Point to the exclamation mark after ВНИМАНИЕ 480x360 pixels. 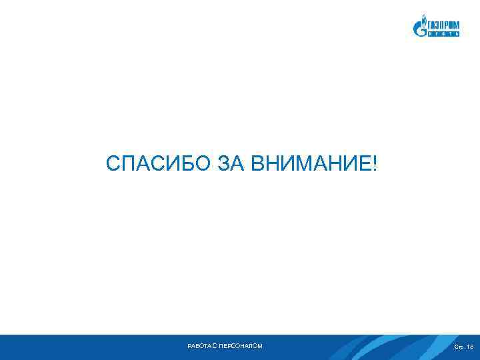(374, 163)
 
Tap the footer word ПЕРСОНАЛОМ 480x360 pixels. (241, 346)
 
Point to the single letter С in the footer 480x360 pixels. (216, 346)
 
